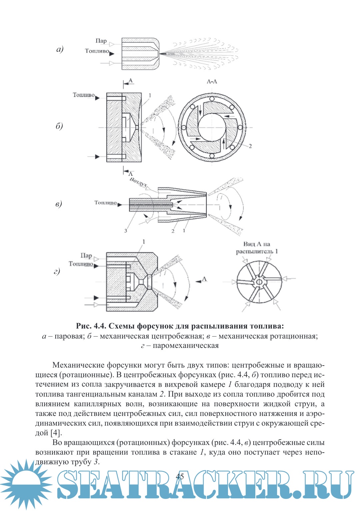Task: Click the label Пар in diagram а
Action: point(101,41)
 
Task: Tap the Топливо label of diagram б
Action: point(84,95)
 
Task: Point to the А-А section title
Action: point(212,82)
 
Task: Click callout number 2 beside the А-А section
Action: point(250,146)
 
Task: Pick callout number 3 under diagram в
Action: point(126,230)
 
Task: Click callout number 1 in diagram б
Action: point(150,96)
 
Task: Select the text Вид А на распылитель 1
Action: point(257,248)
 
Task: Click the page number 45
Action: point(180,476)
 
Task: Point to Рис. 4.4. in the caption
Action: point(91,326)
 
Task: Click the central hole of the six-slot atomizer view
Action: point(259,282)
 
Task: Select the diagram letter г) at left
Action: point(57,272)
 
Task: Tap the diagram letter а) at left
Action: point(60,50)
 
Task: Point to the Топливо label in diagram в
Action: point(105,203)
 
